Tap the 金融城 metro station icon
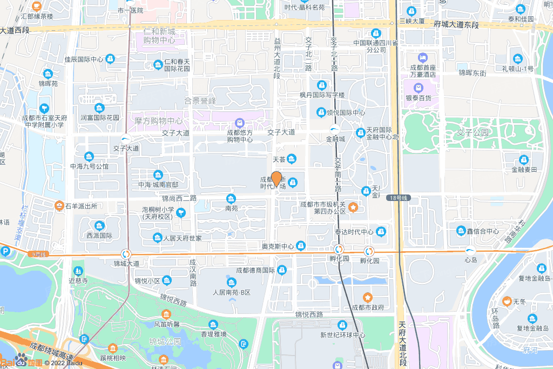click(335, 129)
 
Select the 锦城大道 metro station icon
click(126, 253)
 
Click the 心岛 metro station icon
click(470, 250)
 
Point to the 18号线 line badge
click(399, 198)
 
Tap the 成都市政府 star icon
click(368, 297)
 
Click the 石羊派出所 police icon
click(59, 205)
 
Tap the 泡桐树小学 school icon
click(181, 213)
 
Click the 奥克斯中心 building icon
click(301, 246)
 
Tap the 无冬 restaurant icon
click(507, 301)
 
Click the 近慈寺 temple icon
click(78, 270)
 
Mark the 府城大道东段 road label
click(456, 25)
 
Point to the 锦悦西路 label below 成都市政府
click(309, 314)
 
